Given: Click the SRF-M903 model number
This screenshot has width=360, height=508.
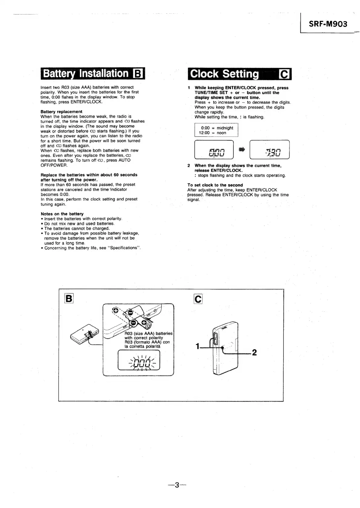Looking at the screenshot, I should tap(328, 24).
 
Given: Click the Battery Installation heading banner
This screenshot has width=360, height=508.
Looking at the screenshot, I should tap(93, 73).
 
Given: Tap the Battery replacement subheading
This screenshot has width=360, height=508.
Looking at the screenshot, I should tap(61, 112).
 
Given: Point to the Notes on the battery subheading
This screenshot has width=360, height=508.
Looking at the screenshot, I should tap(62, 214).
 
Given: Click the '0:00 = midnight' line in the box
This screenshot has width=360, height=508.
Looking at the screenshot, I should tap(217, 128).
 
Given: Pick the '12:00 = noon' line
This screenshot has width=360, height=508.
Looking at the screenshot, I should tap(212, 133).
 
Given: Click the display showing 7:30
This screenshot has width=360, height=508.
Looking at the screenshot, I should tap(270, 150).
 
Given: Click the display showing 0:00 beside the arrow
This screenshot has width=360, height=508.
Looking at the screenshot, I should tap(214, 150).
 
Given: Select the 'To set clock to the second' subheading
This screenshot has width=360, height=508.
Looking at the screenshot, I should tap(215, 185).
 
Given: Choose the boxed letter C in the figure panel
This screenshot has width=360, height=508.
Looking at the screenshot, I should tap(198, 299).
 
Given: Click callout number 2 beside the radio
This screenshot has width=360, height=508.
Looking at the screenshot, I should tap(254, 352).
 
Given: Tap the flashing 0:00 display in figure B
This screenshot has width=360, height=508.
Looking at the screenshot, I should tap(139, 360).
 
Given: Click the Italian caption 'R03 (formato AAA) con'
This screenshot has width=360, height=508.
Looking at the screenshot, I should tap(147, 342).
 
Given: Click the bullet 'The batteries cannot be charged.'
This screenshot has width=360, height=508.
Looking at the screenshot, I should tap(77, 229).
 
